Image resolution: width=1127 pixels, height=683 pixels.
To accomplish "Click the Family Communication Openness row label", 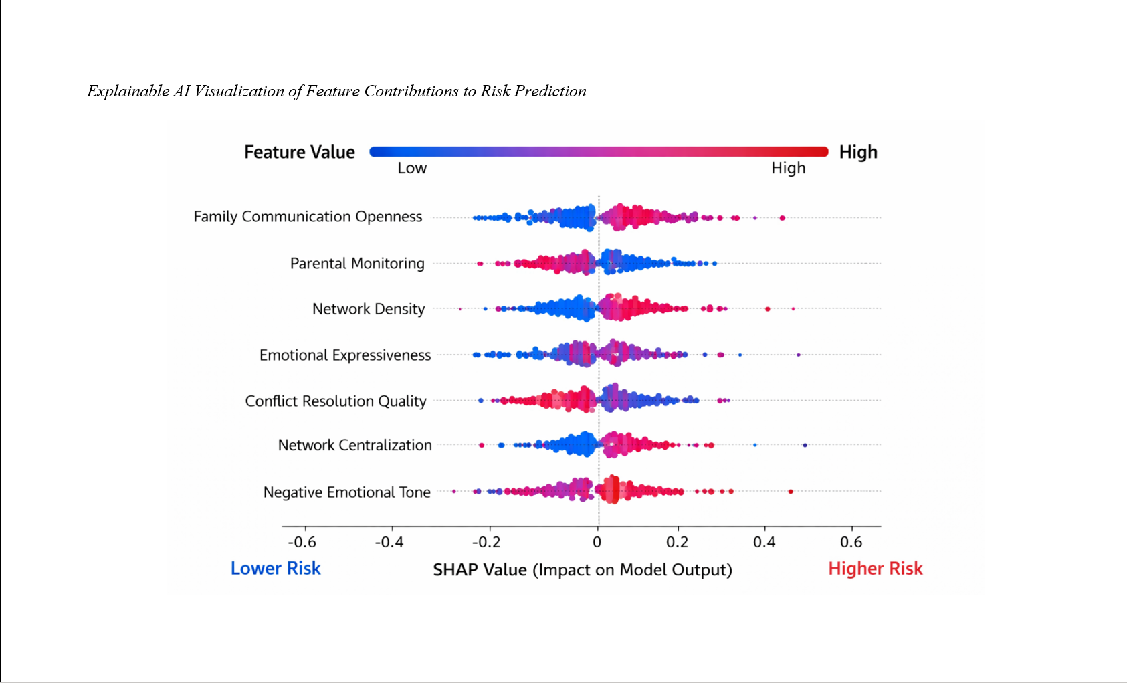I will coord(308,217).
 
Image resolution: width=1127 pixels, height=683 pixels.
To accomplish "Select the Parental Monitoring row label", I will coord(357,264).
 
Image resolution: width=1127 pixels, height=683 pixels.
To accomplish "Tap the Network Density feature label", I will coord(369,309).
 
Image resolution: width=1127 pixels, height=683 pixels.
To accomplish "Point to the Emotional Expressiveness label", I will coord(345,355).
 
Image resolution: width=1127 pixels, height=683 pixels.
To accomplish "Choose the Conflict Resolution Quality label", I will coord(336,401).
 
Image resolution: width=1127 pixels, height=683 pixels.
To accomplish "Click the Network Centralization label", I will coord(354,446).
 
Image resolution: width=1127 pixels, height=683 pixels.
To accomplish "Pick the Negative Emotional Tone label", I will coord(346,492).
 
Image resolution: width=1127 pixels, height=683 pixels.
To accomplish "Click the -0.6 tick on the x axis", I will coord(302,542).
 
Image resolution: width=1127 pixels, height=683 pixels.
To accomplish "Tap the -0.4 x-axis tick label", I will coord(389,542).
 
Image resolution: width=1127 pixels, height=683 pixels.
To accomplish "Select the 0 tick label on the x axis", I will coord(597,542).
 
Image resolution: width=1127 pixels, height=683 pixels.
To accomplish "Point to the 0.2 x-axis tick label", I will coord(678,542).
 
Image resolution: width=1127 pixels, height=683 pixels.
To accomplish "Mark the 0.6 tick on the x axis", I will coord(851,542).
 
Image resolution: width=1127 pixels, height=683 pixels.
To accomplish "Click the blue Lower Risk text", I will coord(276,569).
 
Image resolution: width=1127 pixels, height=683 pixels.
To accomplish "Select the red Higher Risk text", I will coord(875,569).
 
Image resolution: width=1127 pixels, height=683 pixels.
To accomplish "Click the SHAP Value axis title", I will coord(582,570).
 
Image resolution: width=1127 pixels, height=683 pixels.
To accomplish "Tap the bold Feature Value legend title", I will coord(299,153).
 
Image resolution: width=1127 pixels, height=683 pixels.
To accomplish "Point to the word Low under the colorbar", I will coord(412,169).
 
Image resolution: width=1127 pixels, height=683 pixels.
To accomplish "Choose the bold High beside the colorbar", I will coord(858,153).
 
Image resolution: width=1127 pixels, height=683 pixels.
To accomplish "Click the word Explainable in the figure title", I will coord(128,92).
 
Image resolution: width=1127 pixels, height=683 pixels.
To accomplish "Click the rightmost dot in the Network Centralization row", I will coord(805,445).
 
